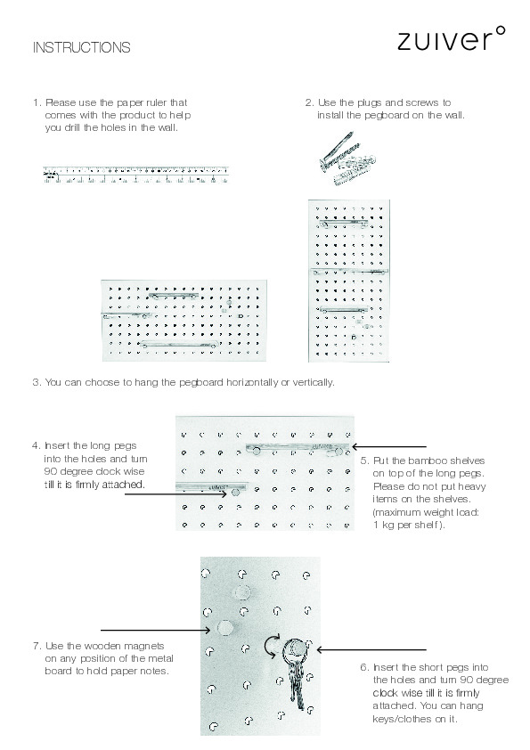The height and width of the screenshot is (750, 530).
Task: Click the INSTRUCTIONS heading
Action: pos(81,47)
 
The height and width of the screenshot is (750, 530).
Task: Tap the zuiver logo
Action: pos(451,38)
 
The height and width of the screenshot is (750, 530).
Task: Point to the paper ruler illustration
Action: pos(136,175)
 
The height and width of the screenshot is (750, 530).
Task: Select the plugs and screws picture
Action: pos(347,159)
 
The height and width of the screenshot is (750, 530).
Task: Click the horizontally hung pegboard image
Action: pos(183,321)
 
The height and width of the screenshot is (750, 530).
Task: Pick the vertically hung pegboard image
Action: pos(348,281)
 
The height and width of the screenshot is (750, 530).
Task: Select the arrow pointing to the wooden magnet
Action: pos(156,631)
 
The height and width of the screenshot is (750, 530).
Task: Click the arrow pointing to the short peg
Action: pos(371,649)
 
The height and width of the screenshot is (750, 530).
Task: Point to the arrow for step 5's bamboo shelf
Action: pos(389,447)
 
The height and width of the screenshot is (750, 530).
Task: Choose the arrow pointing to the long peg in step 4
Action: pos(175,493)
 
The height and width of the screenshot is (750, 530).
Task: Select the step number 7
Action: pos(37,646)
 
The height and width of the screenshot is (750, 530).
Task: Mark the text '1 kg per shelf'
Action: pos(405,525)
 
